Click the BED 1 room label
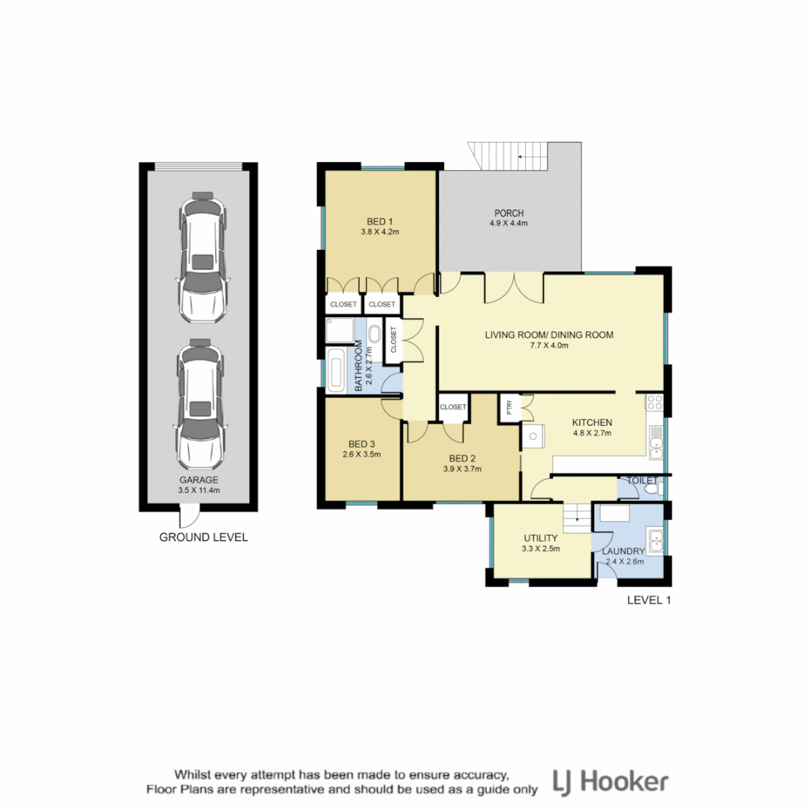(379, 220)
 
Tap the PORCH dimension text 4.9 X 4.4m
(509, 223)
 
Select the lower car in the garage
(200, 403)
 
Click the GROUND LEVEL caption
(202, 537)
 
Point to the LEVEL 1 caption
(649, 600)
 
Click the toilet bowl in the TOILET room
(651, 489)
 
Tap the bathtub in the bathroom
(337, 371)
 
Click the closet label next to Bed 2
(453, 407)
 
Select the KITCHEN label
(592, 421)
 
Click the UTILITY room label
(540, 538)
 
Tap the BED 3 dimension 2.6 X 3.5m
(362, 454)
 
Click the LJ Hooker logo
(610, 782)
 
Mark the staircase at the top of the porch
(509, 157)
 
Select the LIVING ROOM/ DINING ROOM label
(549, 334)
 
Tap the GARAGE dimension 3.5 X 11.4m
(199, 490)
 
